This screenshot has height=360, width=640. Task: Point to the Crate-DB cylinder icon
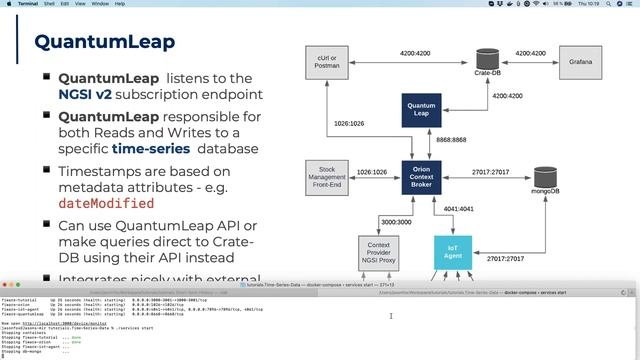488,60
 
